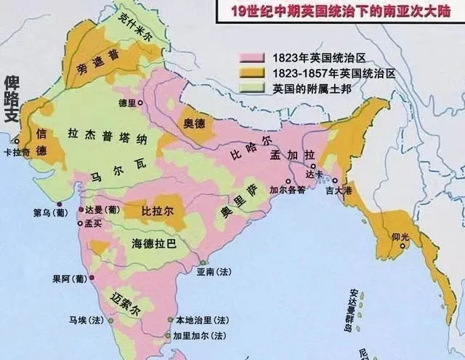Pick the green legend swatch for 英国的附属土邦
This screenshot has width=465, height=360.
coord(248,89)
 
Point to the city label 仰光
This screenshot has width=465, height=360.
coord(400,237)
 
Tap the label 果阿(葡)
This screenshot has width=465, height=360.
coord(66,277)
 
